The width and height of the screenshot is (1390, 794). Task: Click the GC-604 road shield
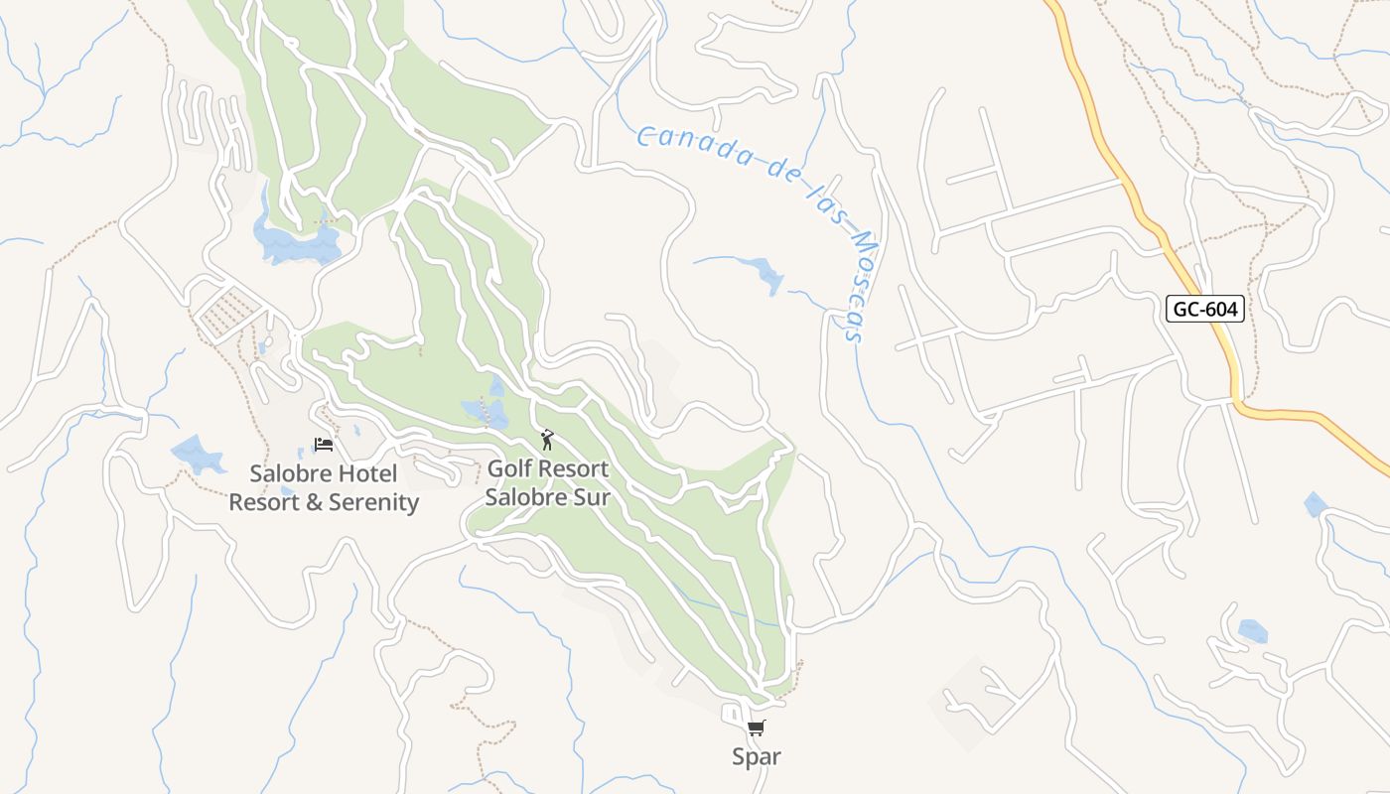[x=1205, y=310]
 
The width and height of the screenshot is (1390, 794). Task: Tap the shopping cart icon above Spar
[x=757, y=728]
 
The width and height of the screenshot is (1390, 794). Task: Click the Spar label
[x=757, y=757]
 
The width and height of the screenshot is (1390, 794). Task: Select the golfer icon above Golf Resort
[x=547, y=440]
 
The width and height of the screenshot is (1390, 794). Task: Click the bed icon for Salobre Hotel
[x=323, y=445]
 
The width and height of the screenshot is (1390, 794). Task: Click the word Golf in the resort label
[x=509, y=468]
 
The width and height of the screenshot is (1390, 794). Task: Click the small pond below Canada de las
[x=766, y=273]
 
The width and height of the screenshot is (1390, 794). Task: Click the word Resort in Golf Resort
[x=573, y=468]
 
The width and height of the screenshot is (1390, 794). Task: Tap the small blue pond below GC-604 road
[x=1315, y=504]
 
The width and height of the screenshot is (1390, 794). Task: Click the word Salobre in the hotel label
[x=287, y=474]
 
